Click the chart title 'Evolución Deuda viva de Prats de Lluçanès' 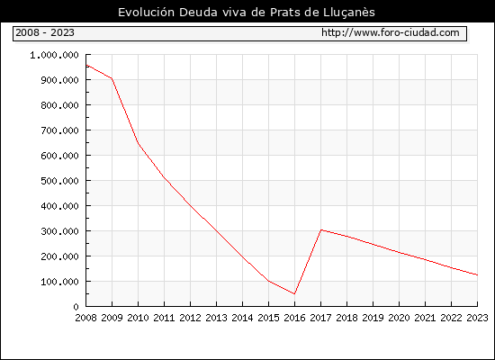tap(247, 13)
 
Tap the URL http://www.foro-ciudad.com tap(391, 32)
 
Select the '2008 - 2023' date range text tap(45, 32)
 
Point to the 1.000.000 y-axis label tap(54, 55)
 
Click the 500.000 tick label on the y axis tap(59, 181)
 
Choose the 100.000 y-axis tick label tap(59, 282)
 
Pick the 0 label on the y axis tap(76, 307)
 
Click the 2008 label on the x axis tap(85, 318)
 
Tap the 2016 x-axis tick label tap(294, 318)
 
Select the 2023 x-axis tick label tap(477, 318)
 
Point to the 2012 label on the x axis tap(190, 318)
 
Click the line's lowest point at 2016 tap(294, 294)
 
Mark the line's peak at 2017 tap(321, 229)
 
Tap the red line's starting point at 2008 tap(86, 65)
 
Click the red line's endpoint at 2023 tap(477, 275)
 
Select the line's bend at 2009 tap(112, 78)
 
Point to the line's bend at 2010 tap(139, 143)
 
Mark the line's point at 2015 tap(269, 281)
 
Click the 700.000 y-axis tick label tap(59, 130)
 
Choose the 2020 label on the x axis tap(399, 318)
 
